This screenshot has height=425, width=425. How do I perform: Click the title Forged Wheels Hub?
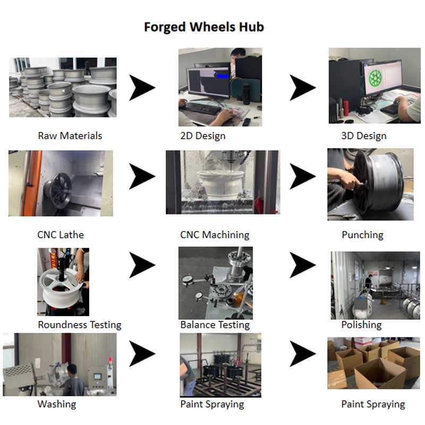[204, 27]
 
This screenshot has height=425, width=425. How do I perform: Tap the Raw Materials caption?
[70, 135]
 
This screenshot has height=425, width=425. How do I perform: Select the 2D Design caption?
[203, 135]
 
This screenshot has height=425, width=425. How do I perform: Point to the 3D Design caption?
[364, 135]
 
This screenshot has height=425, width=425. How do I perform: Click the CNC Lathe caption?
[61, 234]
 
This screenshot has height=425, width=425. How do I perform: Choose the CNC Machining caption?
[215, 234]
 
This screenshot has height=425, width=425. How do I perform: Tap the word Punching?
[362, 234]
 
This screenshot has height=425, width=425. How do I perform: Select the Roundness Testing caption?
[80, 324]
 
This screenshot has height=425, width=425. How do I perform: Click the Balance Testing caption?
[215, 324]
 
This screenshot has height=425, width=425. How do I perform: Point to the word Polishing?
[361, 324]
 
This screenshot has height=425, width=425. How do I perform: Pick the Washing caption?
[57, 404]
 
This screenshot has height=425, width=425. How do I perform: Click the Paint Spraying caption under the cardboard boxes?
[373, 404]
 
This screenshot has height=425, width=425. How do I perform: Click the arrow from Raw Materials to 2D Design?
[142, 88]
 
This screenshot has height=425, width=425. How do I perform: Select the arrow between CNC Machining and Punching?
[302, 175]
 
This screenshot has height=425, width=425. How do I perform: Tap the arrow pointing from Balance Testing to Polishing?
[302, 265]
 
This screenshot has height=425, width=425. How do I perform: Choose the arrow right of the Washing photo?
[142, 353]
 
